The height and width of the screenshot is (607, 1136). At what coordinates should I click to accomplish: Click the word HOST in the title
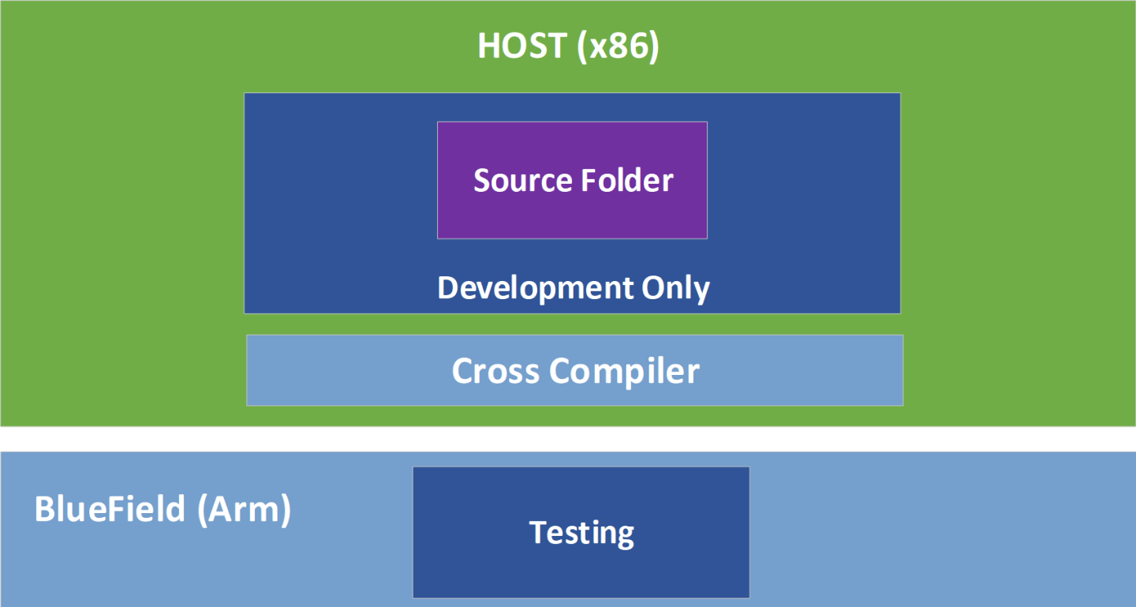(521, 47)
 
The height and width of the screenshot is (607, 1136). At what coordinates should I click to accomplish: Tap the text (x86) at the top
(618, 47)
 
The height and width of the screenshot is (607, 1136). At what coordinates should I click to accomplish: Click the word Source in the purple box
(522, 181)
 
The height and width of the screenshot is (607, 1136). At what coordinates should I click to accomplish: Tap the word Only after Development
(675, 288)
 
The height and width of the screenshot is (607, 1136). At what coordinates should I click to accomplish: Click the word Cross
(495, 370)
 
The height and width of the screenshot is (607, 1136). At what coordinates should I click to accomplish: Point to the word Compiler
(625, 371)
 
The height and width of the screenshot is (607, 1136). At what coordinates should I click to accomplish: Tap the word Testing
(581, 533)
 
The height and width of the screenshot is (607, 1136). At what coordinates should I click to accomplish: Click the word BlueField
(109, 509)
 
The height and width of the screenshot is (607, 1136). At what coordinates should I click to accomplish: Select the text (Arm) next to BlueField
(243, 510)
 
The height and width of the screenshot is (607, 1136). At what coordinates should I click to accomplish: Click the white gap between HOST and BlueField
(568, 439)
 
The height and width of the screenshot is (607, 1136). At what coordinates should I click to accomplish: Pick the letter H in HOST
(489, 47)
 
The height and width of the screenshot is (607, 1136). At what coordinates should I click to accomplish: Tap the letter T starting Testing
(537, 532)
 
